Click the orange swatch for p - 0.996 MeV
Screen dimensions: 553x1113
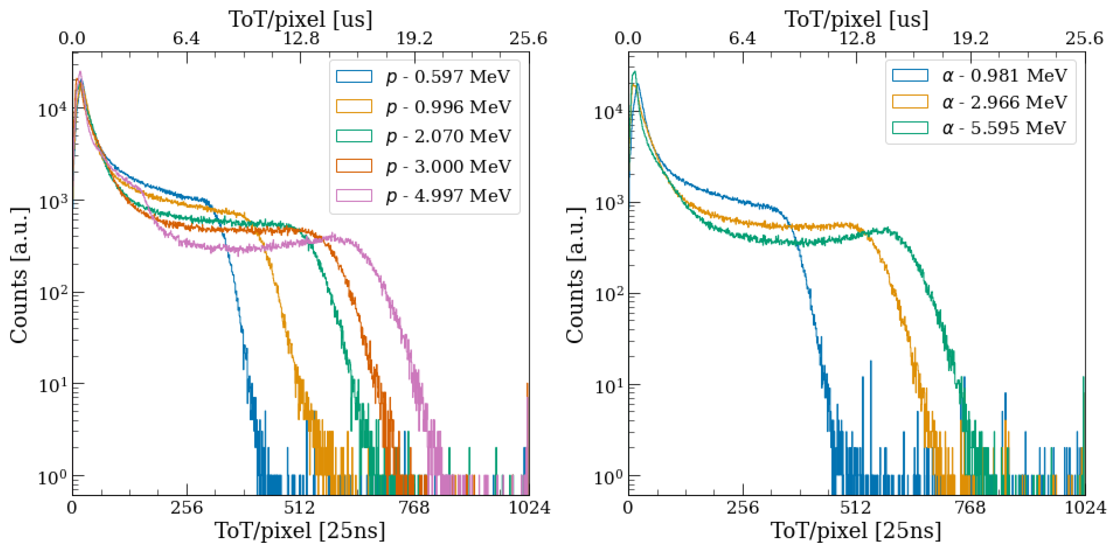[x=354, y=107]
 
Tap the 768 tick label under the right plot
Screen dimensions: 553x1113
[x=970, y=508]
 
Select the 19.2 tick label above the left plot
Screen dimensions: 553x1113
[x=414, y=39]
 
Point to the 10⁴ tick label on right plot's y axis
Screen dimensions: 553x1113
[x=608, y=112]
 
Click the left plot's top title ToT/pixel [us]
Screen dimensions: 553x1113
[x=300, y=19]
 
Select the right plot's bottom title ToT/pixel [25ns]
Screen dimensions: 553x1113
[x=856, y=531]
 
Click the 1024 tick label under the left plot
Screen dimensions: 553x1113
[x=529, y=508]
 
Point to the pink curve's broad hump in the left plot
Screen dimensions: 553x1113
[x=333, y=237]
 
